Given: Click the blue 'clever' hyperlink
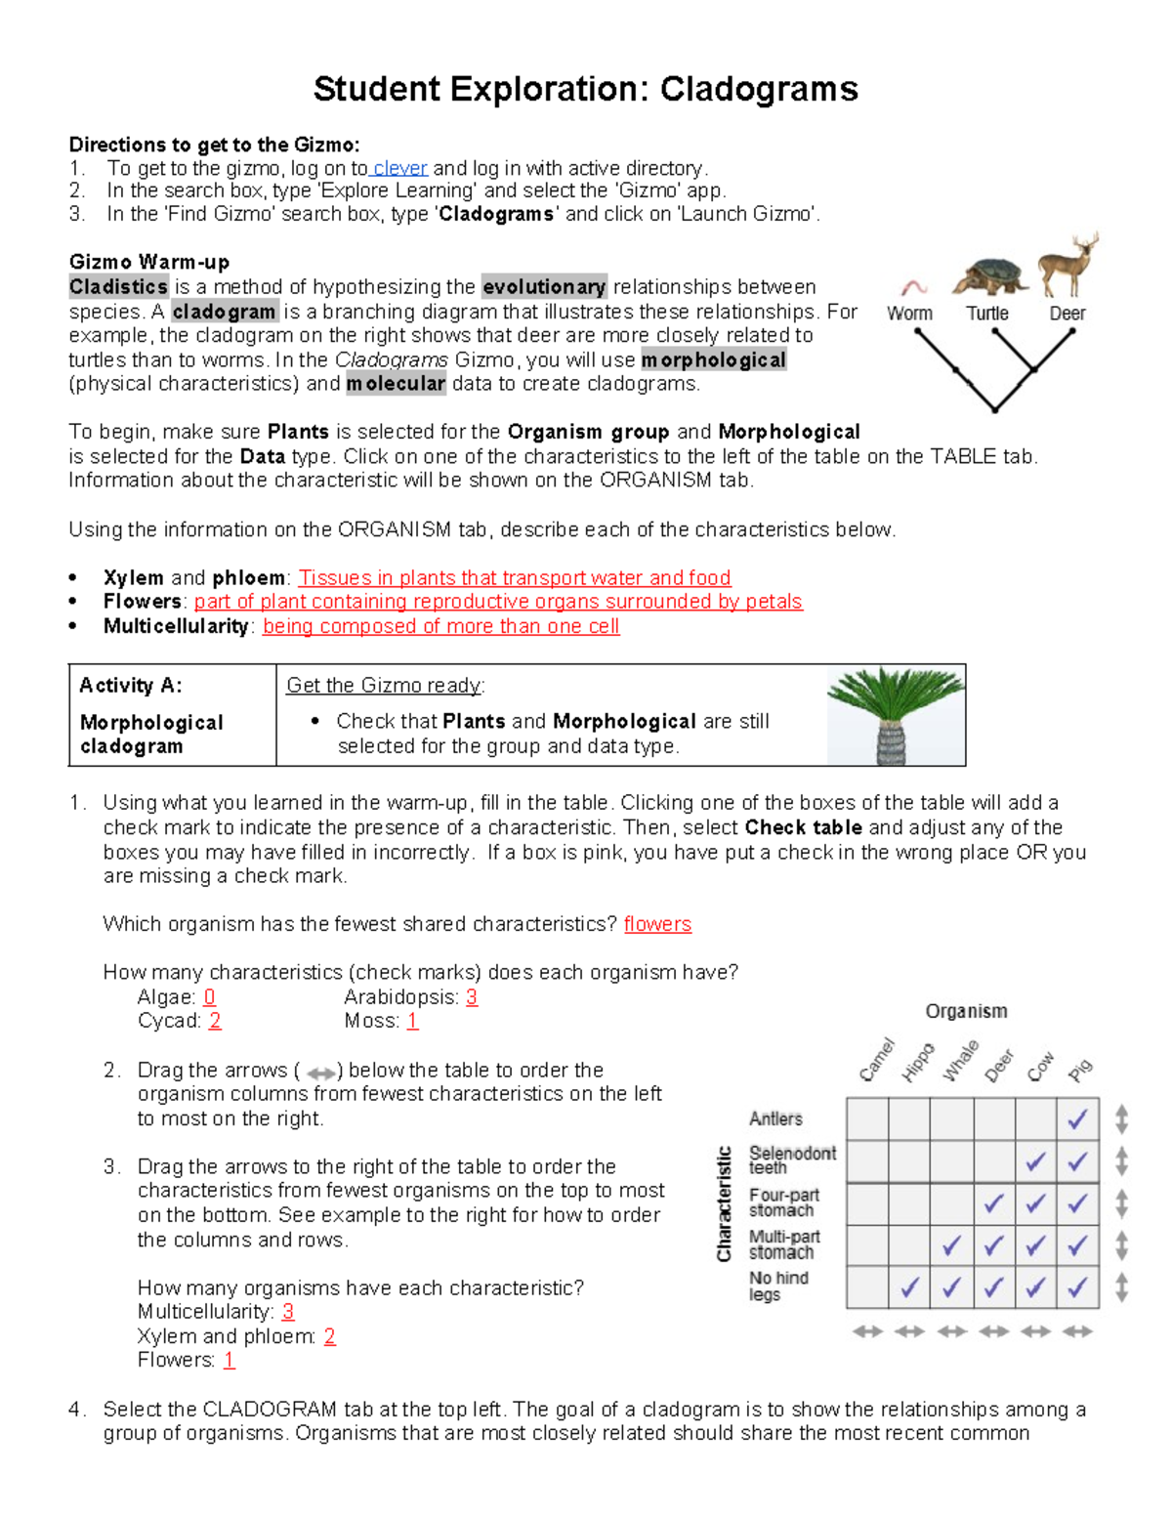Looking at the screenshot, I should [400, 168].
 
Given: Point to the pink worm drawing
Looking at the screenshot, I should [913, 287].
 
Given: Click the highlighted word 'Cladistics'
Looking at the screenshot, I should [118, 287].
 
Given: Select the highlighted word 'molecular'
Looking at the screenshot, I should [396, 384].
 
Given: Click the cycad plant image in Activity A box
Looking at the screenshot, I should [893, 715].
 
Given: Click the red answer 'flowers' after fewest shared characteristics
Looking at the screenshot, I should [657, 924].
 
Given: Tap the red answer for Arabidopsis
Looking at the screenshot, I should [472, 997].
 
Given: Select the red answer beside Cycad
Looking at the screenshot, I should [215, 1021].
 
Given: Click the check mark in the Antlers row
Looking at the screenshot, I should [1077, 1119].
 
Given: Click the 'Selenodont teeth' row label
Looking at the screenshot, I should [791, 1159].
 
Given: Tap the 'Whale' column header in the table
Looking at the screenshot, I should [960, 1061].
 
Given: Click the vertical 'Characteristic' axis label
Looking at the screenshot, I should [725, 1203].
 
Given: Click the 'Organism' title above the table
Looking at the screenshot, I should [966, 1011].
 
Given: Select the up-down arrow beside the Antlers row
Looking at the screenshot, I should [1121, 1119].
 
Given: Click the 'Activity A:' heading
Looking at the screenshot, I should [131, 686].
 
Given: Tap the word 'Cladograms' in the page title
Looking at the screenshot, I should [759, 89].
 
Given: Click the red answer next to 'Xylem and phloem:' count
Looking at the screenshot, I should [329, 1336].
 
